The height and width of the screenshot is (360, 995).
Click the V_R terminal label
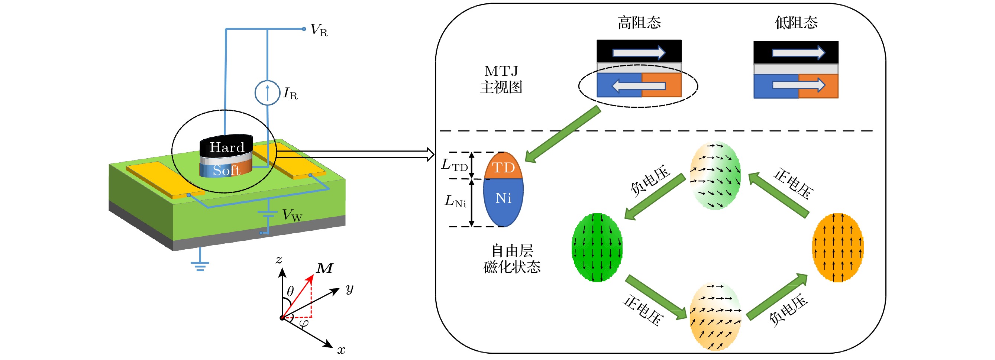[x=319, y=30]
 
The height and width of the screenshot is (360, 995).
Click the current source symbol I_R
[x=267, y=93]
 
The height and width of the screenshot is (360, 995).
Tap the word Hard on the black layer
[x=227, y=147]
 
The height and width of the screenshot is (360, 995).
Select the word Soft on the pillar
[x=226, y=170]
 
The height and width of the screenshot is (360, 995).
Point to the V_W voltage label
[x=292, y=215]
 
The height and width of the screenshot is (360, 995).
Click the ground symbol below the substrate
[x=200, y=265]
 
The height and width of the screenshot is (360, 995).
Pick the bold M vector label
[x=324, y=268]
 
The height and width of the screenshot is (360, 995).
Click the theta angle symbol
[x=290, y=291]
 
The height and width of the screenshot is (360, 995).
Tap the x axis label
[x=341, y=350]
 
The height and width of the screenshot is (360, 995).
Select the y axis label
[x=349, y=288]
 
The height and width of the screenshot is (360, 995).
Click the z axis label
[x=279, y=260]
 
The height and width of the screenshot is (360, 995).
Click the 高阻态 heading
[x=639, y=22]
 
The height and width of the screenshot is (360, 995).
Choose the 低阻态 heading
[x=796, y=22]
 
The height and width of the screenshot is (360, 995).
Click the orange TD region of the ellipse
[x=503, y=167]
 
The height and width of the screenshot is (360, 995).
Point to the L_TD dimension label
[x=455, y=165]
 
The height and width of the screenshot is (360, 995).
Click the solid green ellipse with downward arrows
[x=597, y=247]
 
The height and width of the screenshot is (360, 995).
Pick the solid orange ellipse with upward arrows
[x=838, y=247]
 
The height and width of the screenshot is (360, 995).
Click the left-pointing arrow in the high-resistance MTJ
[x=639, y=86]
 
